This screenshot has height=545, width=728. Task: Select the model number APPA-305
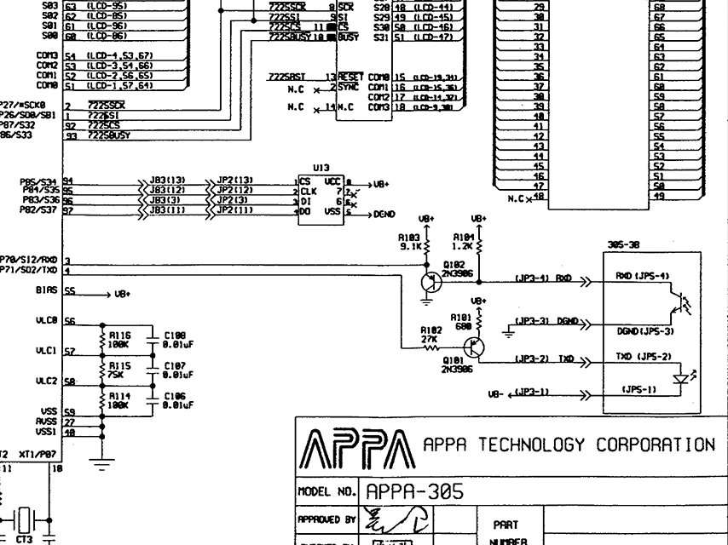[415, 491]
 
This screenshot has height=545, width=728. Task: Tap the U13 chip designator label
[321, 169]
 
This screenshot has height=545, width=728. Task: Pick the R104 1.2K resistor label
[464, 241]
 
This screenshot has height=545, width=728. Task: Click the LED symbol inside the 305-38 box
[680, 378]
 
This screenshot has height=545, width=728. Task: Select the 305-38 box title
[625, 244]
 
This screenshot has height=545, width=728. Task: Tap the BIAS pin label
[48, 290]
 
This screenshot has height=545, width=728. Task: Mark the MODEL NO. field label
[327, 492]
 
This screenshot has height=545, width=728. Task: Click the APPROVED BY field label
[327, 519]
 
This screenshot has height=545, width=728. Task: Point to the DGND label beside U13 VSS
[384, 215]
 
